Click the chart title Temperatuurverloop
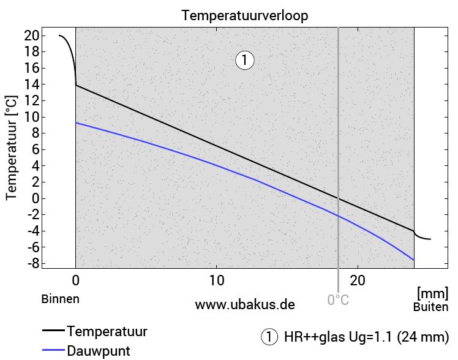click(x=245, y=16)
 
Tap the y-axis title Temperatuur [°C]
click(x=11, y=148)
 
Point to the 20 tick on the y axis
click(x=32, y=36)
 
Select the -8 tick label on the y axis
click(x=29, y=263)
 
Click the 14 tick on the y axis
click(x=32, y=84)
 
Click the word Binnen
click(x=61, y=299)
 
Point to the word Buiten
click(x=430, y=307)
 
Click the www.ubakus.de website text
click(x=245, y=304)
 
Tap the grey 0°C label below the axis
click(x=338, y=300)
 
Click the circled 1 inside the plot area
click(x=244, y=60)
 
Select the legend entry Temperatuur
click(x=107, y=332)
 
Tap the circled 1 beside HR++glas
click(x=269, y=337)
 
